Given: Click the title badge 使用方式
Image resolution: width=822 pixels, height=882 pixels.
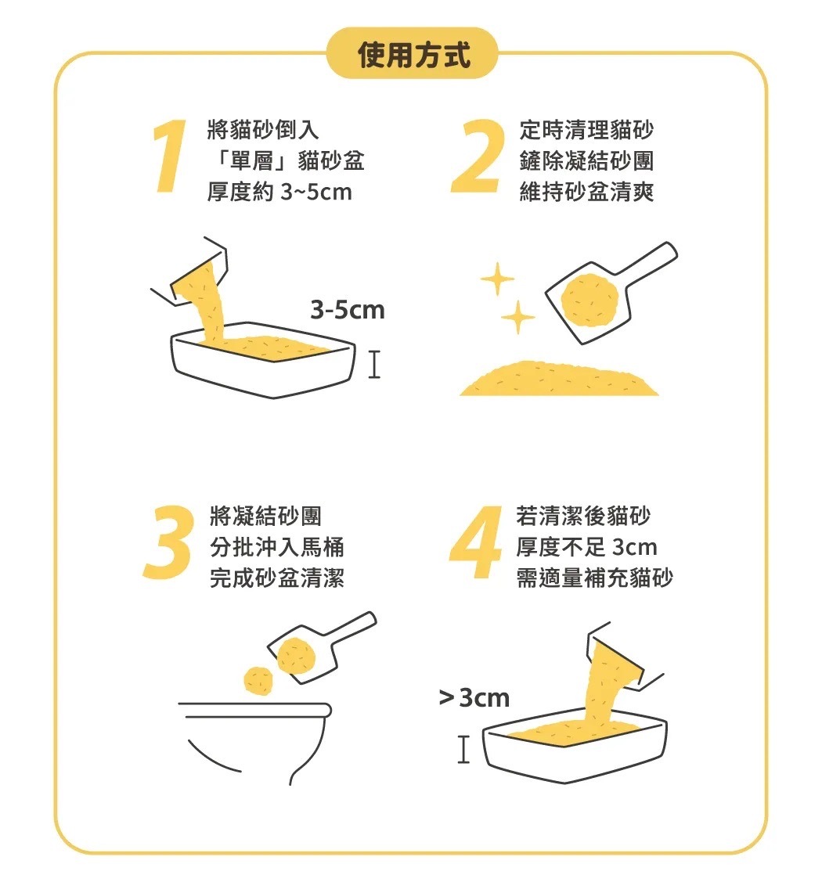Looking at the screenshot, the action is click(413, 54).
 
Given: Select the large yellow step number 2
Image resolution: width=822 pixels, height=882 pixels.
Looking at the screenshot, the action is click(476, 156).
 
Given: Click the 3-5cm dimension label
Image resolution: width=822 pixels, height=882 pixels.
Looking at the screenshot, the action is click(347, 310).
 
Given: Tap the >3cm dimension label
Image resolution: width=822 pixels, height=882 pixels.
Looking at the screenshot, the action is click(474, 698).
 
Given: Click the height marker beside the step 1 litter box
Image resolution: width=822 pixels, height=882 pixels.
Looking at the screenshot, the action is click(375, 364).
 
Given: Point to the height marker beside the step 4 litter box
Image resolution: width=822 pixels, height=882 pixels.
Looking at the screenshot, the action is click(463, 749).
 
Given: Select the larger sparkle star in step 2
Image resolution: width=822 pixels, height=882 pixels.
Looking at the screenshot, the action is click(497, 279).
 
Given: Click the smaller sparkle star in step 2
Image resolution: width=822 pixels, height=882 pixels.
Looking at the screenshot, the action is click(517, 318).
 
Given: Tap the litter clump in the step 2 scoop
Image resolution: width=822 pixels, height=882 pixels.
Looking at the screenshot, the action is click(589, 300).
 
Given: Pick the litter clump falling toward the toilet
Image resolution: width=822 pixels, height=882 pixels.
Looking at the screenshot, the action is click(259, 681).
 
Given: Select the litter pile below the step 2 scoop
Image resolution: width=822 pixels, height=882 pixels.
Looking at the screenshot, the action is click(559, 379).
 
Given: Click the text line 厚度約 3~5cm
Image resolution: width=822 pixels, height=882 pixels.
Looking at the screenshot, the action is click(279, 192).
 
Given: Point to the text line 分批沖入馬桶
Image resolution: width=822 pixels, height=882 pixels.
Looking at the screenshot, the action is click(277, 547).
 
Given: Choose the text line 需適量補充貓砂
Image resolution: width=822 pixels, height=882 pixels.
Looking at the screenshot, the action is click(595, 578).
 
